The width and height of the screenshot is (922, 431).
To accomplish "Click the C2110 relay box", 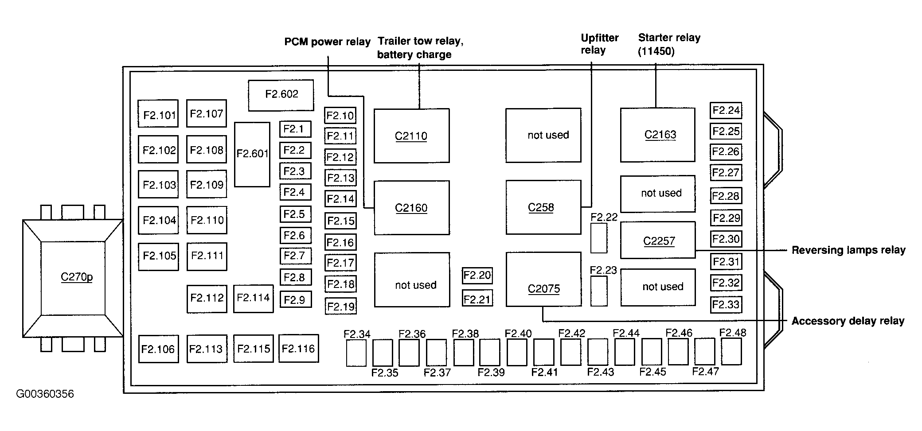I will point(411,136).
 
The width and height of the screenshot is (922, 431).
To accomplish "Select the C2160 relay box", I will point(411,208).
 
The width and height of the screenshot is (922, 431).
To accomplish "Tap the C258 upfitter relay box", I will point(543,207).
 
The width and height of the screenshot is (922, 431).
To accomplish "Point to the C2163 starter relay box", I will point(657,135).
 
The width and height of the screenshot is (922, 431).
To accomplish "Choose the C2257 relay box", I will point(657,240).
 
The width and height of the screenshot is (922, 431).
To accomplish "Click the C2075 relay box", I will point(543,280).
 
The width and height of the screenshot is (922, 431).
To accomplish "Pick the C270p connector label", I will point(77,277).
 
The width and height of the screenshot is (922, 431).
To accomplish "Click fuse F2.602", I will point(281,95).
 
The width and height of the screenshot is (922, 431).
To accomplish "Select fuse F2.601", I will point(252,154).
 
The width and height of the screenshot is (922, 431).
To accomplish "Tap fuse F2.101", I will point(158,114).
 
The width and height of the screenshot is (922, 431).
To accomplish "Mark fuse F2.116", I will point(298,349).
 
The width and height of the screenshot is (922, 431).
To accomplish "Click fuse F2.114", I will point(253,298).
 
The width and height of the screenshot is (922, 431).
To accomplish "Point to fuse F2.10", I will point(340,116).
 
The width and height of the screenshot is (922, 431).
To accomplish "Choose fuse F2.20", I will point(477,276).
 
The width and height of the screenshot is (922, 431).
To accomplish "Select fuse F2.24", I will point(726,110).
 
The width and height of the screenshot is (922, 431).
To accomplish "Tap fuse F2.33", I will point(726,305).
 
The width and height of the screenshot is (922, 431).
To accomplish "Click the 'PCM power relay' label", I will point(327,42).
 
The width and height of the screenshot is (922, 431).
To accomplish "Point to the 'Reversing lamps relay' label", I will point(848,250).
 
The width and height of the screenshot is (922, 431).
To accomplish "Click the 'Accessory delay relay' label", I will point(848,321).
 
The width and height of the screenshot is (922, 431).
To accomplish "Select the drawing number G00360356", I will point(45,394).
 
